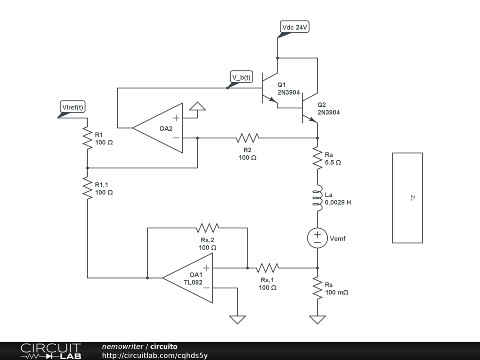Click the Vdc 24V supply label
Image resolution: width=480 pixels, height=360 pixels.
tap(294, 28)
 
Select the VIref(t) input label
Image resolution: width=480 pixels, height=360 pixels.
tap(73, 107)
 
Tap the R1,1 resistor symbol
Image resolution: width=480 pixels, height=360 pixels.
tap(87, 188)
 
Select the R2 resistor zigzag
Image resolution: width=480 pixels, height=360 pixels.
tap(247, 138)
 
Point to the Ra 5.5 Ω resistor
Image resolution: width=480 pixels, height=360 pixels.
tap(317, 158)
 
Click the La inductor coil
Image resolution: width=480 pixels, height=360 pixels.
tap(317, 198)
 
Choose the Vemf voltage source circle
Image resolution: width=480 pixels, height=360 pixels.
tap(317, 238)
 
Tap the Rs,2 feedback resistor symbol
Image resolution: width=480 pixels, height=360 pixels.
tap(208, 228)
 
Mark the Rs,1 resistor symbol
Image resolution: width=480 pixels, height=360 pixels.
tap(267, 268)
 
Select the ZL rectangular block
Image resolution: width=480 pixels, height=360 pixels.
tap(407, 198)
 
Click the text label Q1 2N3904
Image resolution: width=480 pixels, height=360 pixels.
tap(288, 89)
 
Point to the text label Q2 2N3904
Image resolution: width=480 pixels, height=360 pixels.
tap(328, 109)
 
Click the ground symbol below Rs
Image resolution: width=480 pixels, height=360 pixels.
tap(317, 320)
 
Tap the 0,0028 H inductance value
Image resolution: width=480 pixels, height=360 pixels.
tap(337, 202)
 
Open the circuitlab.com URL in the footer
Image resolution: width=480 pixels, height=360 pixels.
tap(155, 355)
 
